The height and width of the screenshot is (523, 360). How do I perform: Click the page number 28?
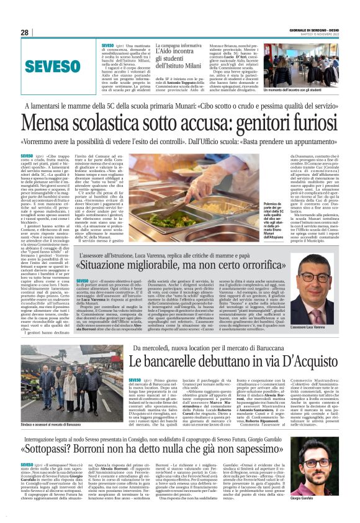tap(25, 33)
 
